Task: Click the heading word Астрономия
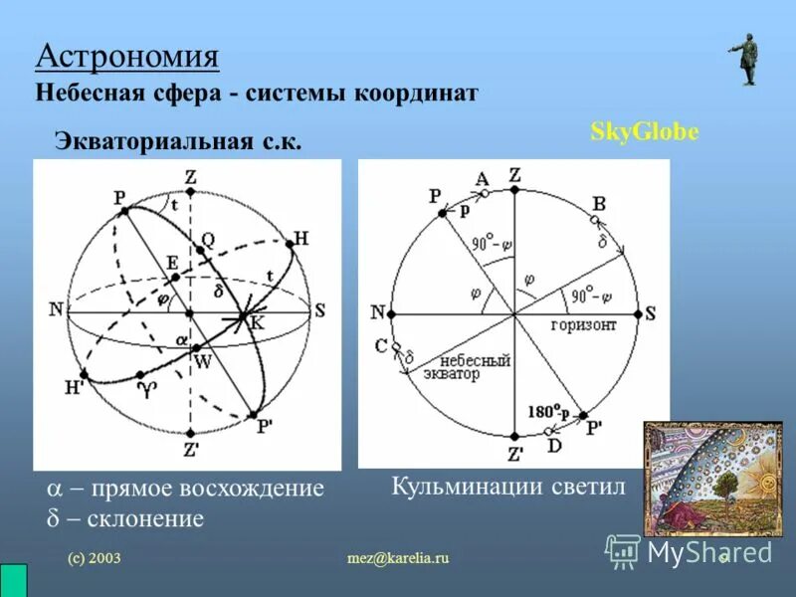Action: point(126,55)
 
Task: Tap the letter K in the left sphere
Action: point(257,321)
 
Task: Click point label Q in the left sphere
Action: point(207,239)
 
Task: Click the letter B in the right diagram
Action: point(599,204)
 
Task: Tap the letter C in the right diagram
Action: point(380,345)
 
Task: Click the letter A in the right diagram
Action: point(482,179)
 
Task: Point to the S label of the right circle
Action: point(650,313)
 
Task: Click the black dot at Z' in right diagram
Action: point(513,437)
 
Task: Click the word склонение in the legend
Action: point(144,517)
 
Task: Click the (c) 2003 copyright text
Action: point(95,559)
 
